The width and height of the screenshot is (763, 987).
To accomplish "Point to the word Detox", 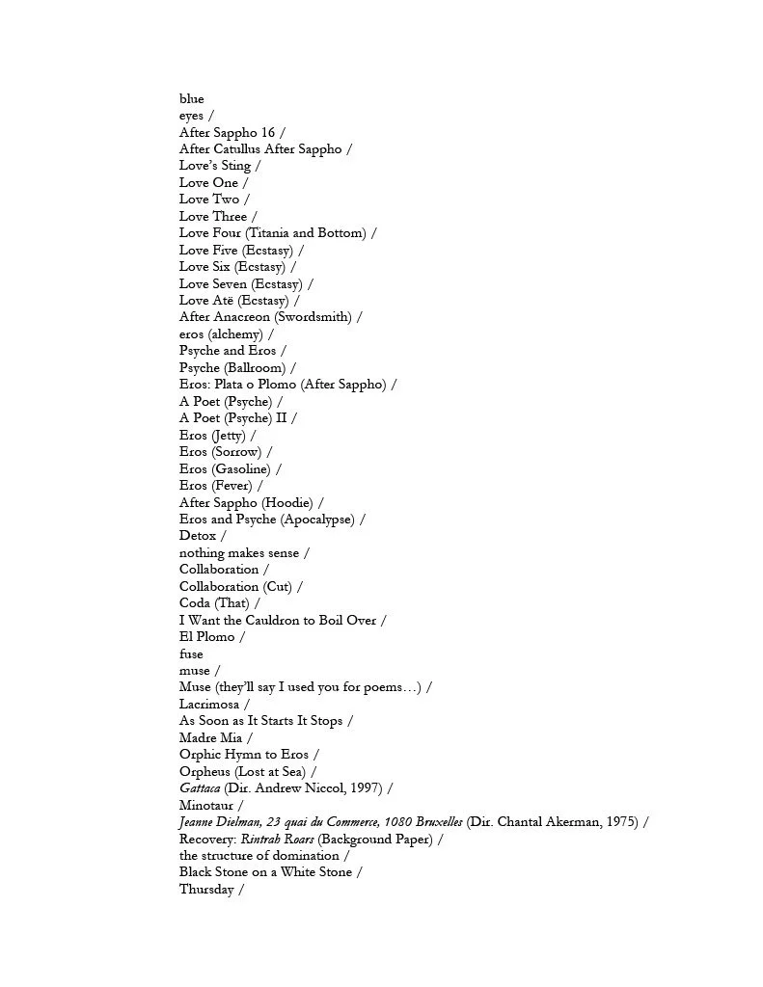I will point(198,536).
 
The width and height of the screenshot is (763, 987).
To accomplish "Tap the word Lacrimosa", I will point(207,705).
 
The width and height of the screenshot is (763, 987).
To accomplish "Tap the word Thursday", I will point(206,890).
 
